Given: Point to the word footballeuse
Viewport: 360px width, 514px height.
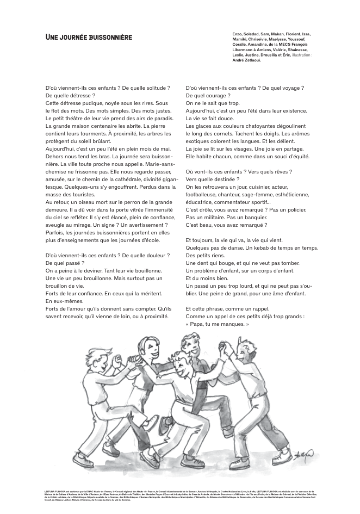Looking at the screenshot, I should coord(204,194).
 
